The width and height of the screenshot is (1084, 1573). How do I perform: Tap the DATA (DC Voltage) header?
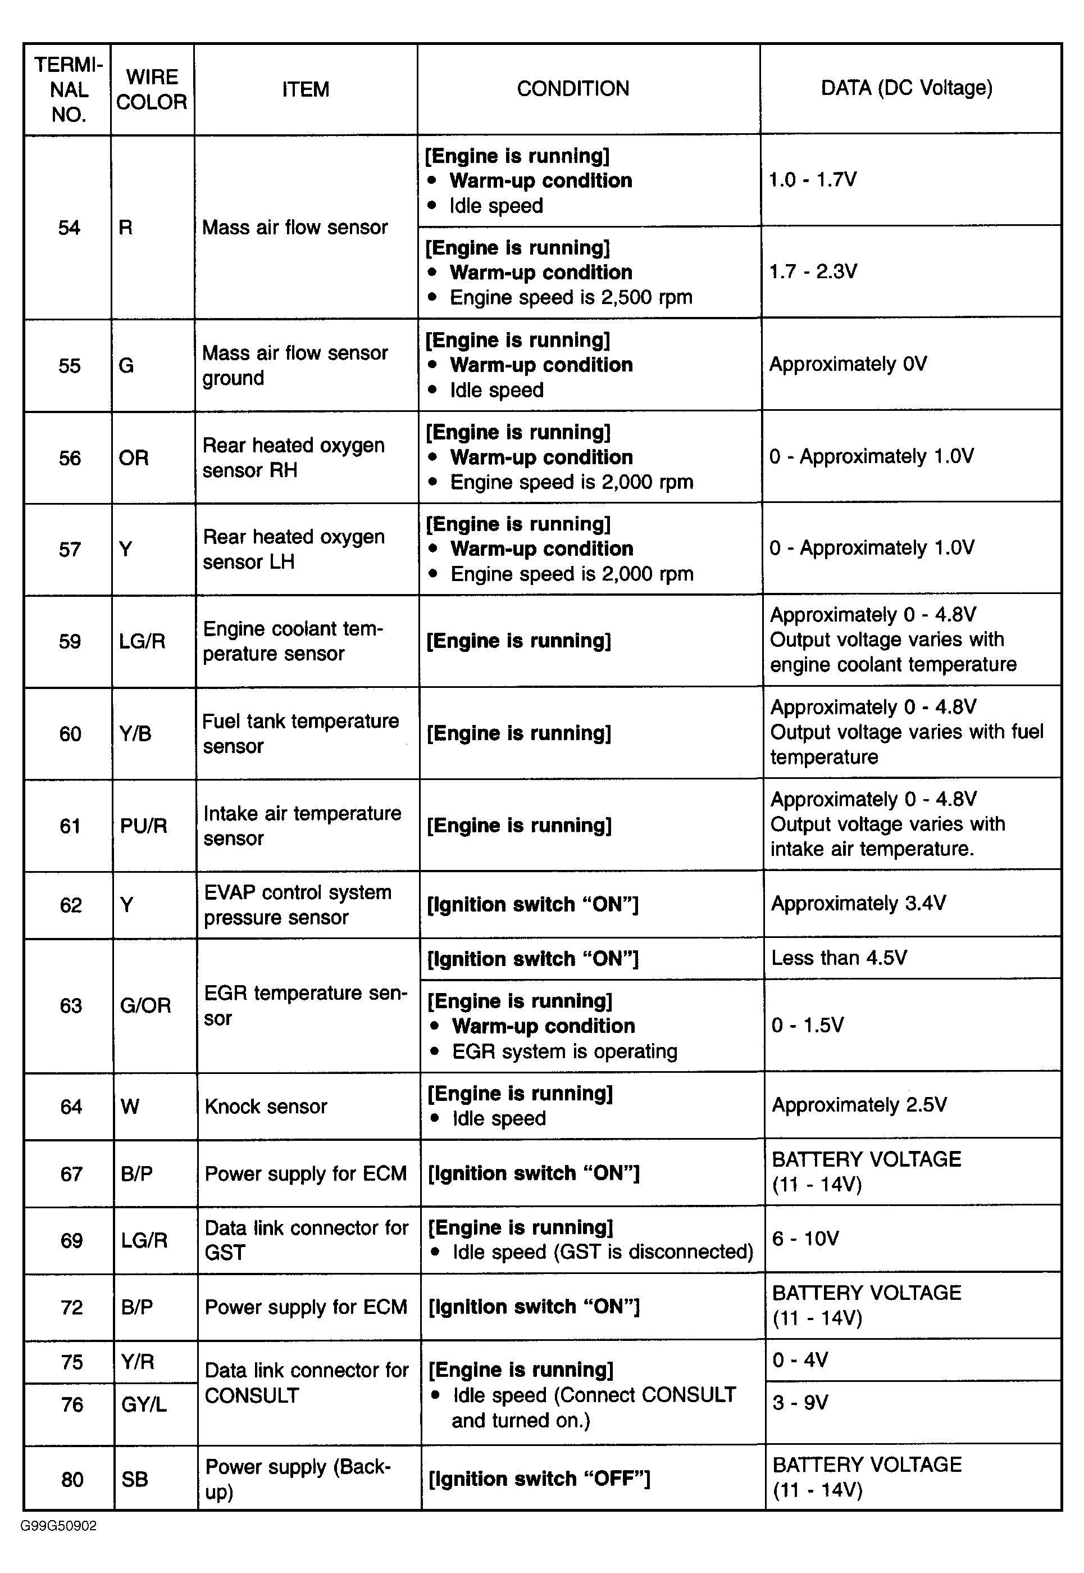tap(906, 88)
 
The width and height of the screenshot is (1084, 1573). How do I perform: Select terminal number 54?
tap(69, 228)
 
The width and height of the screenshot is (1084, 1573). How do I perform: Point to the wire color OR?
tap(133, 458)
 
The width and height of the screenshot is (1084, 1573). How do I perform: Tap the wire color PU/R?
tap(143, 826)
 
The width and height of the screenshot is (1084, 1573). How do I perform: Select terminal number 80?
tap(71, 1480)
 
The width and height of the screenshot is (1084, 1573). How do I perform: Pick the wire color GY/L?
tap(143, 1405)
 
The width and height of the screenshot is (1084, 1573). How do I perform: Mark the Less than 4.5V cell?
tap(839, 958)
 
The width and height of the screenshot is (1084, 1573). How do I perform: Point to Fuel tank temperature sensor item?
tap(300, 734)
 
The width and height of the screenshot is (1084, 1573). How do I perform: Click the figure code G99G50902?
tap(58, 1526)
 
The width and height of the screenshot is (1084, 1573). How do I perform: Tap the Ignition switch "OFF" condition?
tap(539, 1479)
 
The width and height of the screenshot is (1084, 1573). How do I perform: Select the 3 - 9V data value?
tap(800, 1403)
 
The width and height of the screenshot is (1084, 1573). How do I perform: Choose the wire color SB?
tap(134, 1480)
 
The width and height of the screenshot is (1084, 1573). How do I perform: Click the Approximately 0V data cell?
tap(848, 364)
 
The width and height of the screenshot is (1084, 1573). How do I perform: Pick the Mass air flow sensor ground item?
tap(295, 365)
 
